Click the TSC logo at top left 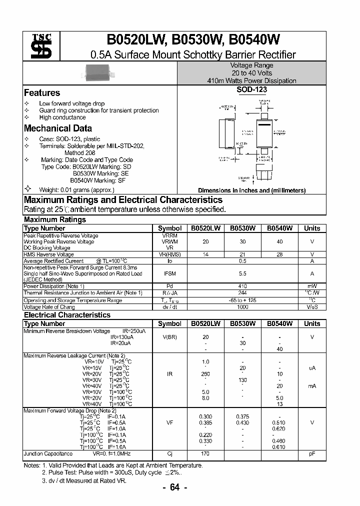coord(38,47)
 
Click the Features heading coord(42,93)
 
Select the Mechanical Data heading coord(58,128)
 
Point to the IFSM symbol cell coord(169,273)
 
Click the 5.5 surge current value coord(242,273)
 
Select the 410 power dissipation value coord(242,286)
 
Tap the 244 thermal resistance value coord(242,293)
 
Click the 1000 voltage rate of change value coord(242,307)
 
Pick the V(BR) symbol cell coord(169,337)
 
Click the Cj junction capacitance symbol coord(169,454)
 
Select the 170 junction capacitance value coord(205,454)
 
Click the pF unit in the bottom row coord(312,454)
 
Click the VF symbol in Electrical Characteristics coord(169,422)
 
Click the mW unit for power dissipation coord(312,286)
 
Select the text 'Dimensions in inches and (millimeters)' coord(251,190)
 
